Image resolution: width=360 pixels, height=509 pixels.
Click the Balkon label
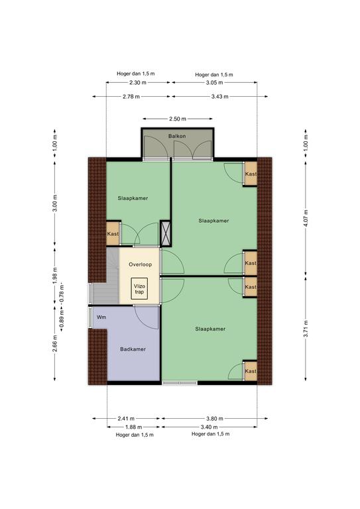pos(177,136)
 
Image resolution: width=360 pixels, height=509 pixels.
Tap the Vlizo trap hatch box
pos(139,288)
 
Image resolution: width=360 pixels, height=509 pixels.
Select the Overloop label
pos(141,264)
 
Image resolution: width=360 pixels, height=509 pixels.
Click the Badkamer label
pos(133,349)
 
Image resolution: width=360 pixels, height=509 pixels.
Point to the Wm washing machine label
pos(101,317)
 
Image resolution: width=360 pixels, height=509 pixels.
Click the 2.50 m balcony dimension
pos(178,119)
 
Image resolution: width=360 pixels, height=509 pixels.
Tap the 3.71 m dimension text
pos(306,329)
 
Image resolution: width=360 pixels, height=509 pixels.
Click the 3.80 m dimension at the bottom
pos(215,418)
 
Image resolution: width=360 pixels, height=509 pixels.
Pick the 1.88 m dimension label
pos(133,427)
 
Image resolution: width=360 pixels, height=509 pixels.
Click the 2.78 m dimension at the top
pos(131,96)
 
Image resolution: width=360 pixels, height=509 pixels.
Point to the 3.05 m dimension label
pos(214,82)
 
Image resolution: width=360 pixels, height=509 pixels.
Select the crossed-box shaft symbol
pos(166,233)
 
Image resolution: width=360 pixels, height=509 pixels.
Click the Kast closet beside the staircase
pos(113,233)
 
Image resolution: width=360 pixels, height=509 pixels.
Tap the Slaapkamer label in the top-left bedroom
pos(133,198)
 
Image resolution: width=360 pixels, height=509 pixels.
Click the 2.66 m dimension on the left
pos(55,344)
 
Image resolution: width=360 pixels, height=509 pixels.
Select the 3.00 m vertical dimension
pos(55,203)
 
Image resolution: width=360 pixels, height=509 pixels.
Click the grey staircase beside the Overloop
pos(105,276)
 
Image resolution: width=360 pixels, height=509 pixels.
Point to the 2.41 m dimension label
pos(125,418)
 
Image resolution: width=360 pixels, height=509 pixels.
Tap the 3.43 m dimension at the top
pos(219,96)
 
